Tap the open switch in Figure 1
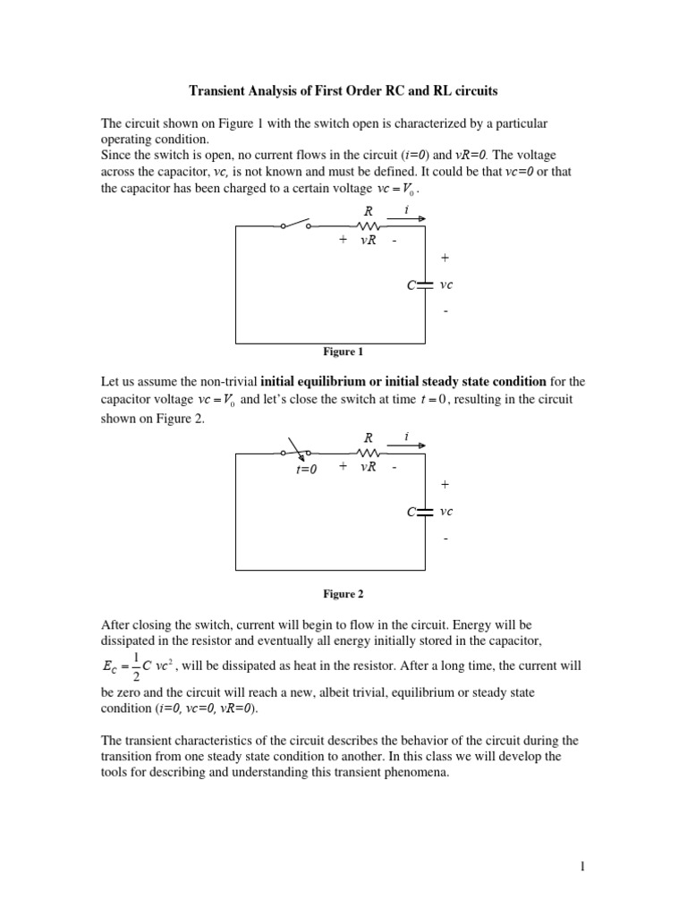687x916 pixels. click(296, 225)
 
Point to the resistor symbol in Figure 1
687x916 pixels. click(368, 226)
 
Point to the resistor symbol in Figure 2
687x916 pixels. click(368, 454)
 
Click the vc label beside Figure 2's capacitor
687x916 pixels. click(446, 512)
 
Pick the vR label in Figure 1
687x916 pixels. click(368, 242)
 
